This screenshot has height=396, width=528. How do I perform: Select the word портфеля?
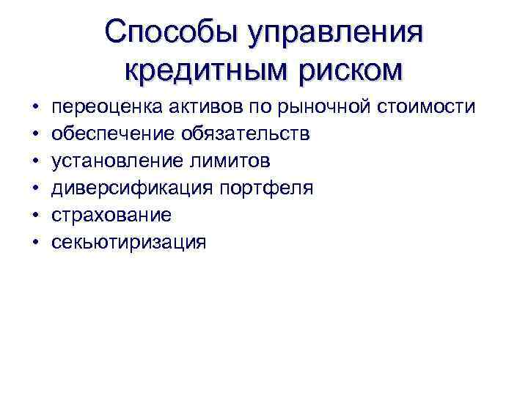click(266, 188)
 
